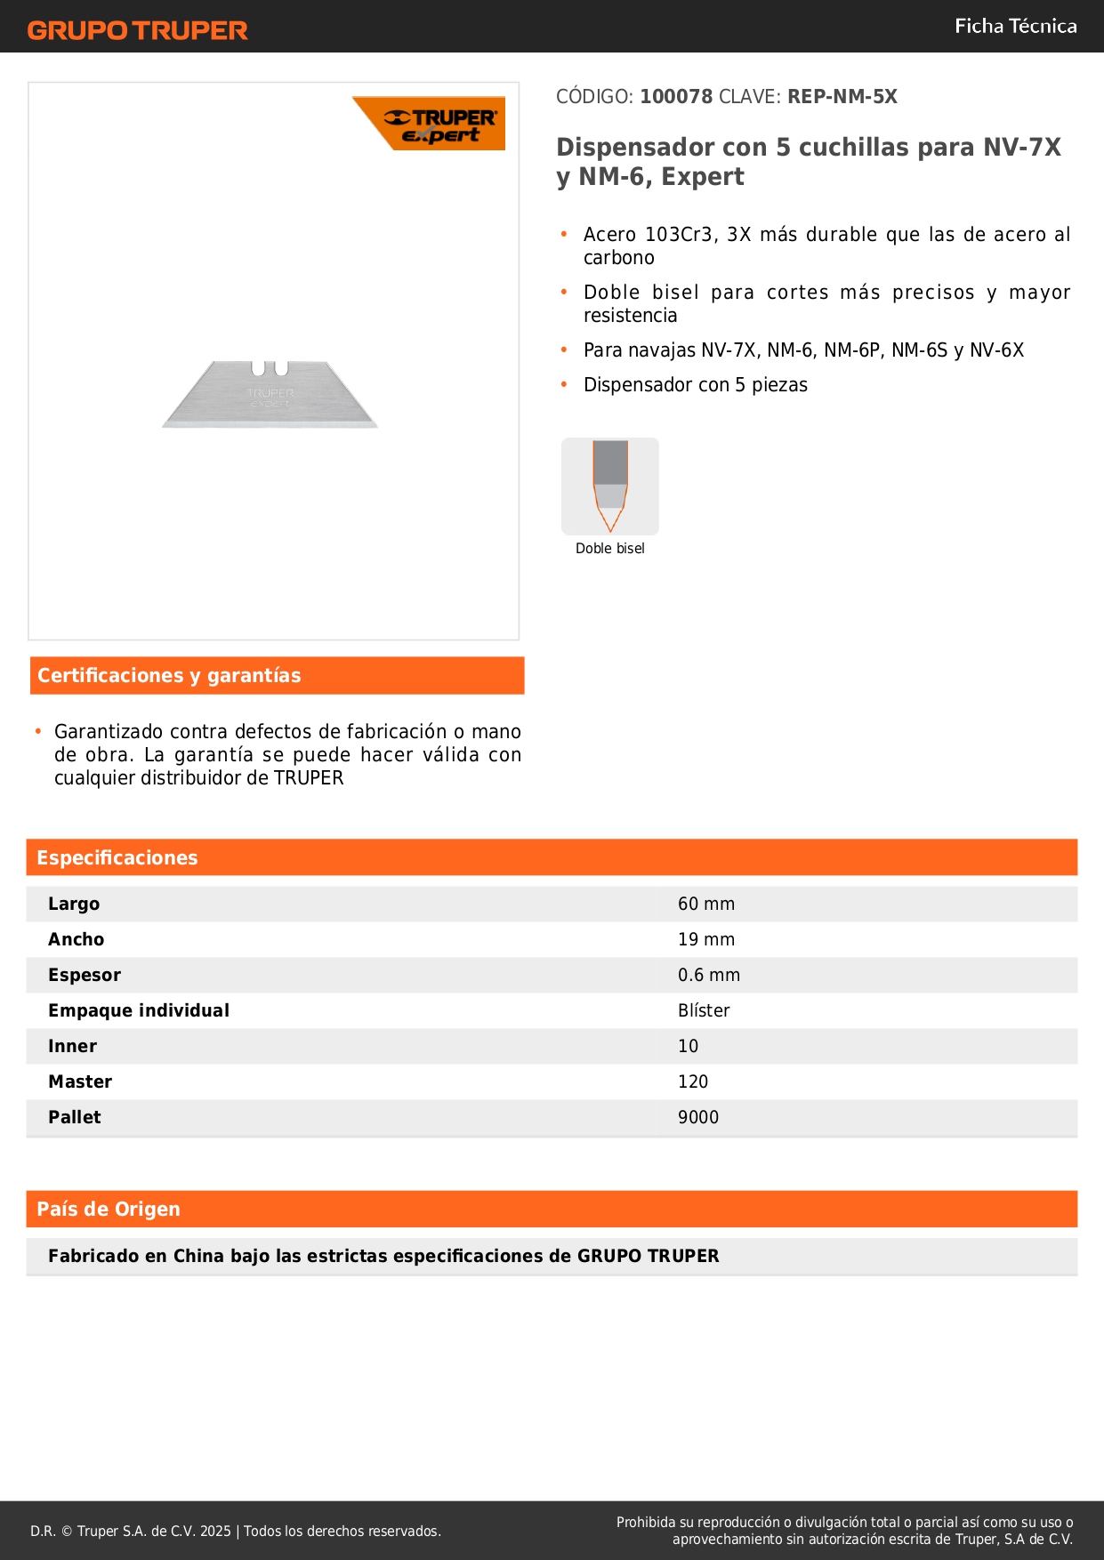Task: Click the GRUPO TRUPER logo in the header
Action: tap(138, 30)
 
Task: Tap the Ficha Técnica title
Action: tap(1015, 26)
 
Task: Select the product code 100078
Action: tap(676, 96)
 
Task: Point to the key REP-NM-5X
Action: tap(842, 96)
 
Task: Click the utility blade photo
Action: tap(270, 395)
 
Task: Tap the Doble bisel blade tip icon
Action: tap(610, 486)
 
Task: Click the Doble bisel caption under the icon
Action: tap(610, 549)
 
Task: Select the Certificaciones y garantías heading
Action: tap(169, 676)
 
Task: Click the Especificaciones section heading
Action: tap(117, 857)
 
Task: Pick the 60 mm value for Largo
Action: tap(706, 904)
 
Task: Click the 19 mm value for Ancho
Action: tap(706, 939)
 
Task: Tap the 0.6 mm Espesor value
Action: tap(709, 975)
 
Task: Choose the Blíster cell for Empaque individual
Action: tap(704, 1010)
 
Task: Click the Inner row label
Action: tap(73, 1046)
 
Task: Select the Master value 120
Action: tap(693, 1082)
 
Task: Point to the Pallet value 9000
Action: tap(698, 1117)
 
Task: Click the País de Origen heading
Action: tap(109, 1210)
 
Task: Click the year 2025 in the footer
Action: tap(215, 1531)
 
